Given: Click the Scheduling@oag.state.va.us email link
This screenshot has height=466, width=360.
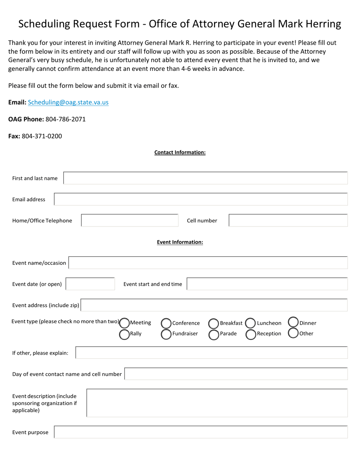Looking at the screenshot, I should (x=68, y=102).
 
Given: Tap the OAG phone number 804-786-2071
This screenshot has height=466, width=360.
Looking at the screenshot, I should (x=66, y=119).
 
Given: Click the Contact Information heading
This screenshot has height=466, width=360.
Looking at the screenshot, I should (x=180, y=152).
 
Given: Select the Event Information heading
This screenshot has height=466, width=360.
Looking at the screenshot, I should (x=180, y=242).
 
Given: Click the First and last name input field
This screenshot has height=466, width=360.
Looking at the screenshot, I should (x=205, y=178).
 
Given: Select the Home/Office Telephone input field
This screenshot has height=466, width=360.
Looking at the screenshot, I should (x=130, y=220).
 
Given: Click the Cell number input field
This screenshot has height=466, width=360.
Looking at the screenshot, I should (x=288, y=220).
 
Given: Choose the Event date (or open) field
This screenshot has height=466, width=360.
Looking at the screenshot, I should (x=90, y=284).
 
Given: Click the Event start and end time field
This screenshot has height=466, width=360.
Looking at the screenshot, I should (x=267, y=284).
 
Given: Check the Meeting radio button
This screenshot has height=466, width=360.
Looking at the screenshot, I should (x=124, y=323).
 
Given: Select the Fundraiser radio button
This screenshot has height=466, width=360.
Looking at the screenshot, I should (x=166, y=334).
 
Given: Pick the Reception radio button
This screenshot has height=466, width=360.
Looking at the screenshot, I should (x=251, y=334).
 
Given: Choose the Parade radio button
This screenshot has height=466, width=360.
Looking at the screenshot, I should (x=214, y=334).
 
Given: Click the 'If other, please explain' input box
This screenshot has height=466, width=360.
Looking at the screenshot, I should (x=211, y=353).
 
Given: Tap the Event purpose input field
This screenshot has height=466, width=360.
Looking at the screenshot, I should (x=201, y=432).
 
